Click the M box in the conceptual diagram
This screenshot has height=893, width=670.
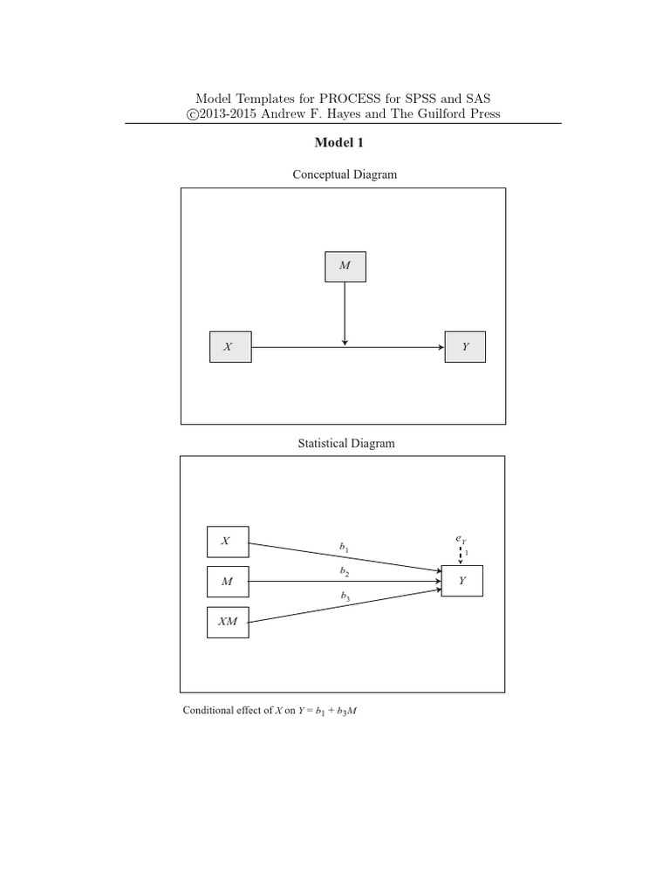pyautogui.click(x=345, y=266)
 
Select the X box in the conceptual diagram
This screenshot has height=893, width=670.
pyautogui.click(x=230, y=347)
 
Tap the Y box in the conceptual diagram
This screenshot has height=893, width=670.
pyautogui.click(x=465, y=347)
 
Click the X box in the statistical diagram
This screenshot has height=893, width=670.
pyautogui.click(x=227, y=542)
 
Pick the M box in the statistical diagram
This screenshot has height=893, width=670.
pyautogui.click(x=227, y=582)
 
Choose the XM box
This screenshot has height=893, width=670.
pyautogui.click(x=227, y=622)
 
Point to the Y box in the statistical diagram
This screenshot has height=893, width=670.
pyautogui.click(x=461, y=581)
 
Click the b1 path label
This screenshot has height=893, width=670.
pyautogui.click(x=345, y=547)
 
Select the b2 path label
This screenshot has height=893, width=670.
pyautogui.click(x=345, y=571)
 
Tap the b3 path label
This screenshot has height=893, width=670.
pyautogui.click(x=346, y=596)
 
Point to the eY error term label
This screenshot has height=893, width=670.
pyautogui.click(x=461, y=540)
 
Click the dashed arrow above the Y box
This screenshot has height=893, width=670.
pyautogui.click(x=461, y=556)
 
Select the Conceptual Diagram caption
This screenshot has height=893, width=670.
pyautogui.click(x=345, y=174)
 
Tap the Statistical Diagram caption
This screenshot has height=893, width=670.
pyautogui.click(x=346, y=443)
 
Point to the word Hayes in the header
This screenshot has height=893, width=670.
pyautogui.click(x=356, y=114)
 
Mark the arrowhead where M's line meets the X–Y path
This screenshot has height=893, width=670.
pyautogui.click(x=345, y=341)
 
